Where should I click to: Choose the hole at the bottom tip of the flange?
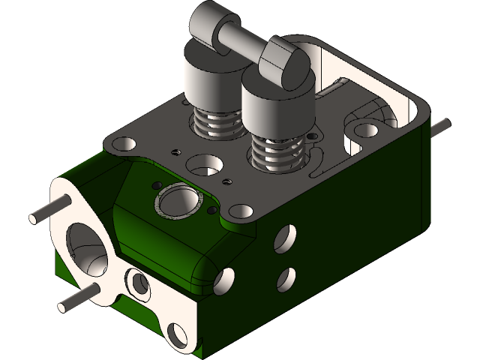[177, 334]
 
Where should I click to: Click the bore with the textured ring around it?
[178, 200]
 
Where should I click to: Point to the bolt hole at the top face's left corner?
[121, 142]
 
